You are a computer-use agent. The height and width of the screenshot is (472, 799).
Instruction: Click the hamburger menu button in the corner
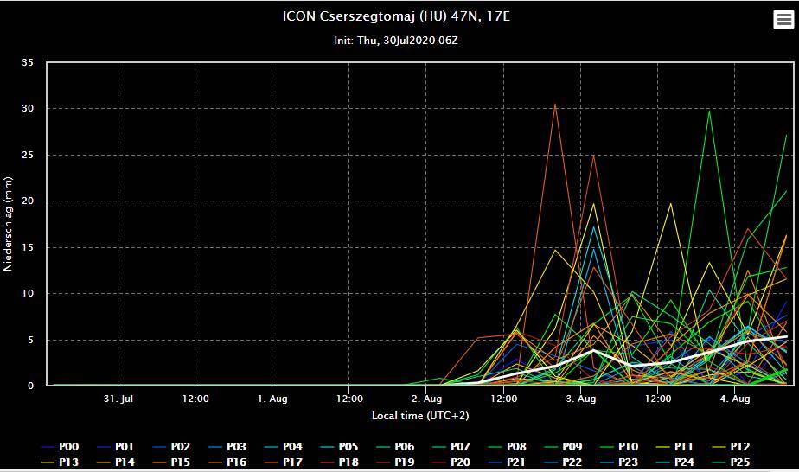click(783, 20)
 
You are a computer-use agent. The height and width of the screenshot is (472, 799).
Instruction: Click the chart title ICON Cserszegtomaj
click(396, 16)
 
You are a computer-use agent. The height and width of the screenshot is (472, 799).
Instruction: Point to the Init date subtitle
click(396, 41)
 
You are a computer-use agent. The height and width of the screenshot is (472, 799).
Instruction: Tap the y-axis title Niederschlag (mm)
click(9, 224)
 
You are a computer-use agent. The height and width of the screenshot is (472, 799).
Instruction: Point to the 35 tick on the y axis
click(28, 63)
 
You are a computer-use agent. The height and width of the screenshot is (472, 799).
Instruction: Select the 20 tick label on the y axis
click(28, 201)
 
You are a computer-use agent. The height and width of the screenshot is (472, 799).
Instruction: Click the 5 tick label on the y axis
click(30, 340)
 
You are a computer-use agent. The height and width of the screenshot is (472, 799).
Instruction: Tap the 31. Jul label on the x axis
click(118, 399)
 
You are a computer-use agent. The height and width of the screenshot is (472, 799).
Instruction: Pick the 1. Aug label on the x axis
click(272, 399)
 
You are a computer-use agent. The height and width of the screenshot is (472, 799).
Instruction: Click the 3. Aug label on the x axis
click(581, 399)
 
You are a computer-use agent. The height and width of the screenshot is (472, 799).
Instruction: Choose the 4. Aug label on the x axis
click(735, 399)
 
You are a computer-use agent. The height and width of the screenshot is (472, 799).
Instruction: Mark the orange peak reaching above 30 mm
click(555, 105)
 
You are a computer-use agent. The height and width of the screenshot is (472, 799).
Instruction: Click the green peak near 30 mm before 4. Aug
click(709, 111)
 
